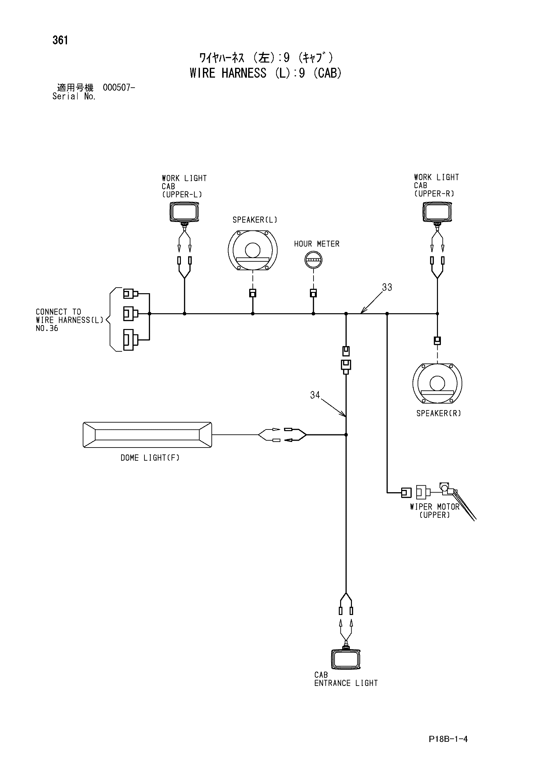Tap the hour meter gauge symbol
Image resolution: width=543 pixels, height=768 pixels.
tap(313, 260)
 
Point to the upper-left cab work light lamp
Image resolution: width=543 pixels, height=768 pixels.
tap(184, 213)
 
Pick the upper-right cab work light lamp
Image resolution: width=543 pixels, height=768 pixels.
tap(437, 212)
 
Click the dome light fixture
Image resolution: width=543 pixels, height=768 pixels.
tap(147, 435)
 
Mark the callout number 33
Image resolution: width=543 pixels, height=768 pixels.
tap(387, 287)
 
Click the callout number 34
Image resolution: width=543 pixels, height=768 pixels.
tap(315, 395)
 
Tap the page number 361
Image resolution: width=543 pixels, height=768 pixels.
tap(60, 40)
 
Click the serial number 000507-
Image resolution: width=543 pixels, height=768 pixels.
tap(119, 88)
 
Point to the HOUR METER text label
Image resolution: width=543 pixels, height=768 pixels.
tap(316, 244)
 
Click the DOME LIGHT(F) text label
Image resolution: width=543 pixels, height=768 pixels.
tap(150, 458)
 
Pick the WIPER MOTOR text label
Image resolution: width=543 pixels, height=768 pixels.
tap(435, 507)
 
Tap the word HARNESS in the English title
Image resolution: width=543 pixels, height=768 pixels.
tap(244, 73)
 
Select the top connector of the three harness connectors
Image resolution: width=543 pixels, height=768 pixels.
tap(131, 294)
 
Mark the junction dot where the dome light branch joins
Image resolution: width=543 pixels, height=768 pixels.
tap(346, 435)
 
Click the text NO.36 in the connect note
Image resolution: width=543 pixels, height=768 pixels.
tap(47, 328)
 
